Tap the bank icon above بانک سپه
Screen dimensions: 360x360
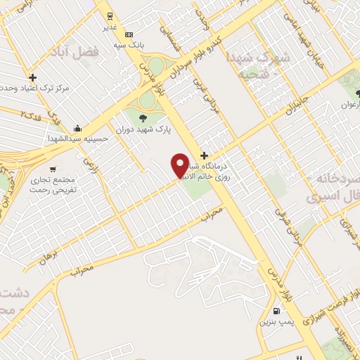pos(128,34)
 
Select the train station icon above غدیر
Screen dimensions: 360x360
pos(110,15)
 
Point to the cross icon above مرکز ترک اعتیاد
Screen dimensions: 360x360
pos(32,77)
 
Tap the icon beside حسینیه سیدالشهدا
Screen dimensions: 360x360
pos(78,129)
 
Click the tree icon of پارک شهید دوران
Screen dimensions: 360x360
pos(144,117)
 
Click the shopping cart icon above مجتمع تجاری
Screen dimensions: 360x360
pos(53,169)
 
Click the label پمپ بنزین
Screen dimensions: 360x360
pos(275,322)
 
